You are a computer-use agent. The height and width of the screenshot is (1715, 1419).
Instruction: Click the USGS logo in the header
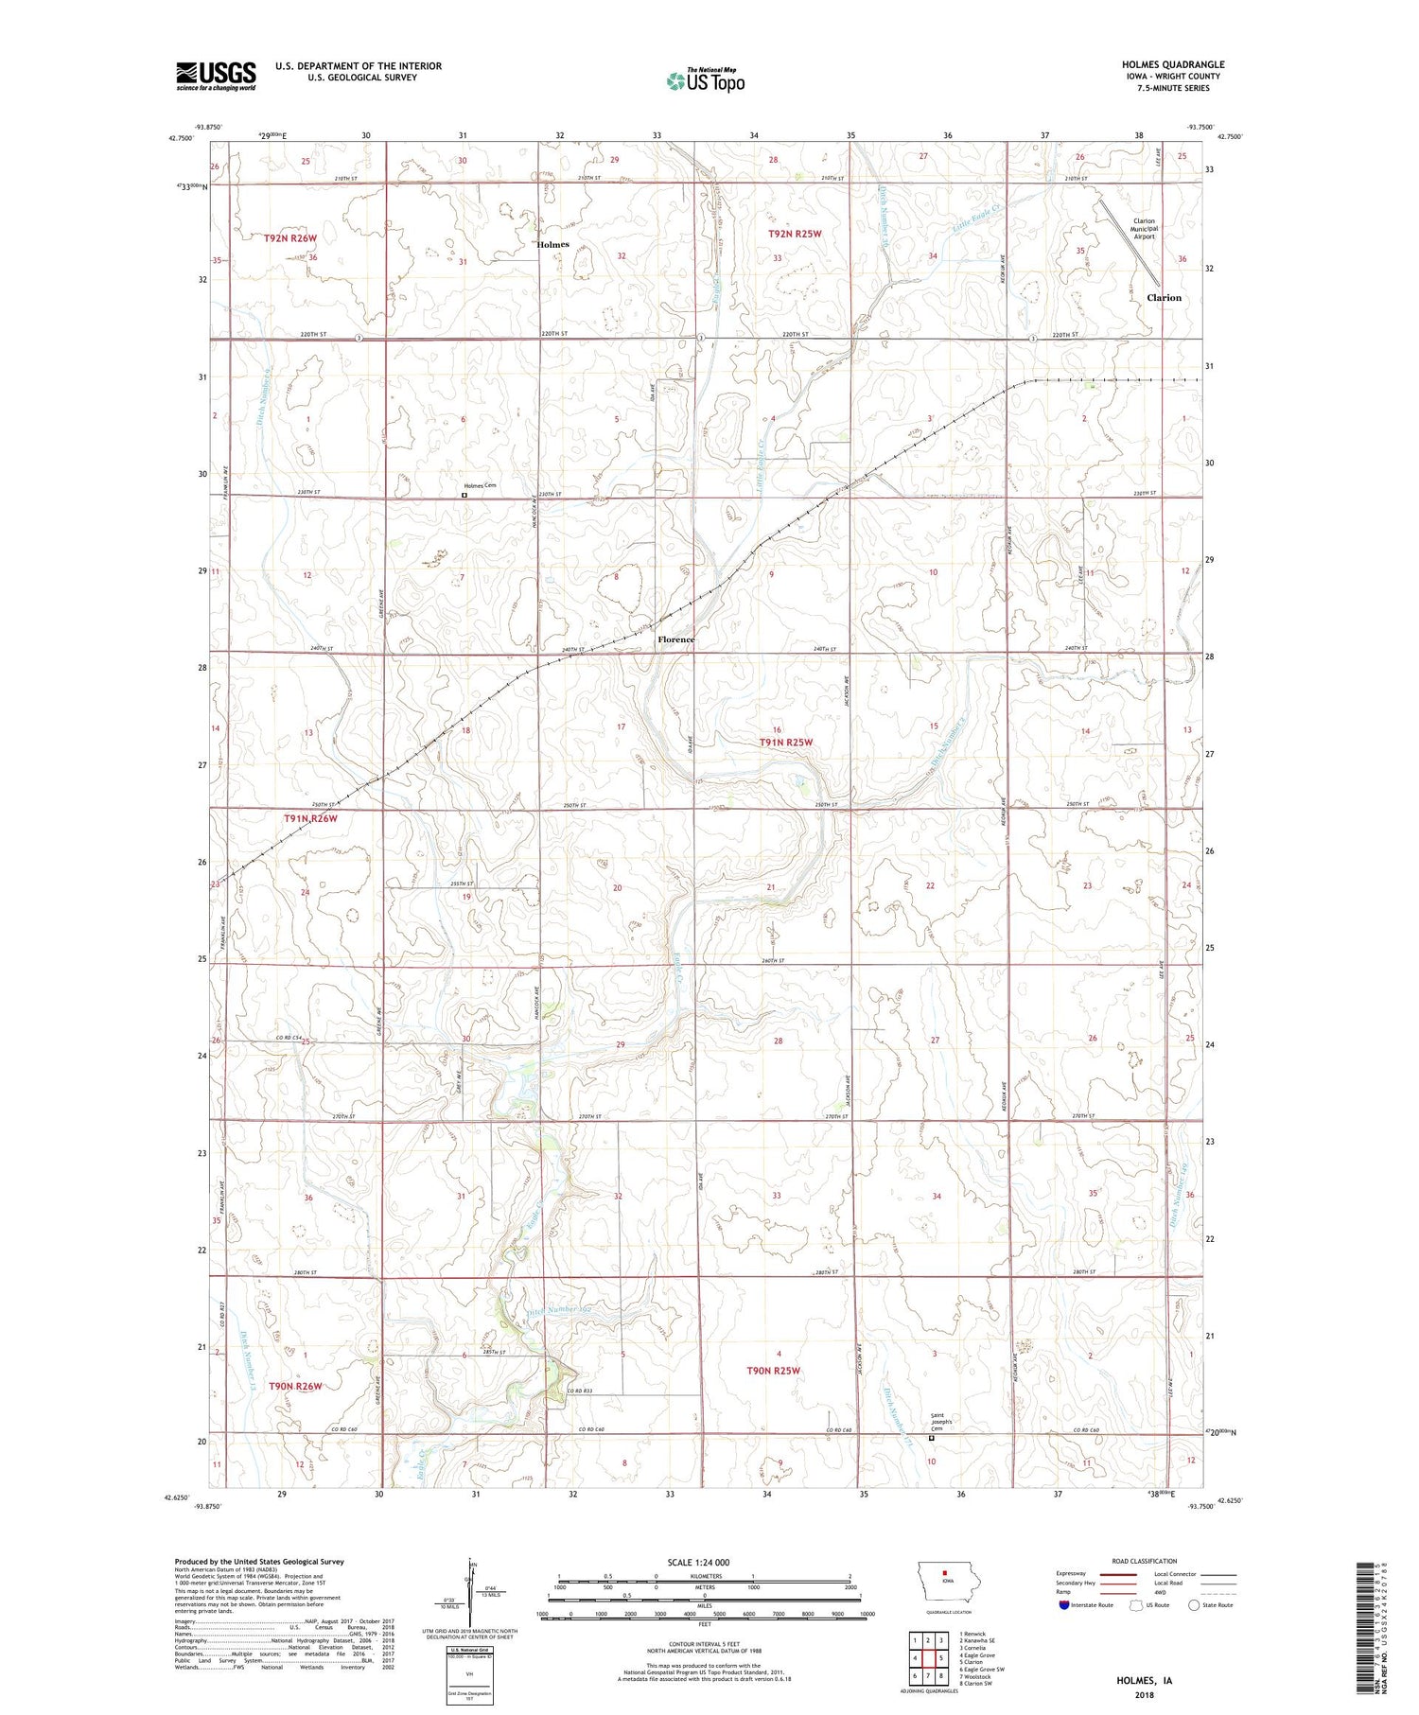tap(216, 76)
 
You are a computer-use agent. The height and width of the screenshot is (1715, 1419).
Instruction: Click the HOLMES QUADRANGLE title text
tap(1172, 64)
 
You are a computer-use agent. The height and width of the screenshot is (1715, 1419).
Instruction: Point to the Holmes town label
tap(552, 244)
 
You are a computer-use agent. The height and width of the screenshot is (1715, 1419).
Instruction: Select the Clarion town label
tap(1164, 297)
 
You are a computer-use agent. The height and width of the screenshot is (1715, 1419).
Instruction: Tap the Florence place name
tap(675, 639)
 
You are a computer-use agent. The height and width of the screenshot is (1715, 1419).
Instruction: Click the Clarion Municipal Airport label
tap(1144, 228)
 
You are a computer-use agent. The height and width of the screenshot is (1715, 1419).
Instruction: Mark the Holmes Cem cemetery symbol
tap(464, 494)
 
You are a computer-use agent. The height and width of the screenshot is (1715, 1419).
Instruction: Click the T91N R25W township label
tap(785, 743)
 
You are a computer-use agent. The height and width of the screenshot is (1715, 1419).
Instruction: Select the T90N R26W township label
tap(295, 1386)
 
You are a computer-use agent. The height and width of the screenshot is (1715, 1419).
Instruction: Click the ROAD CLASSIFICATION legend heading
tap(1145, 1561)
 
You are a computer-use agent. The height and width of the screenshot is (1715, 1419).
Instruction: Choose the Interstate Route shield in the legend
tap(1064, 1605)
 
